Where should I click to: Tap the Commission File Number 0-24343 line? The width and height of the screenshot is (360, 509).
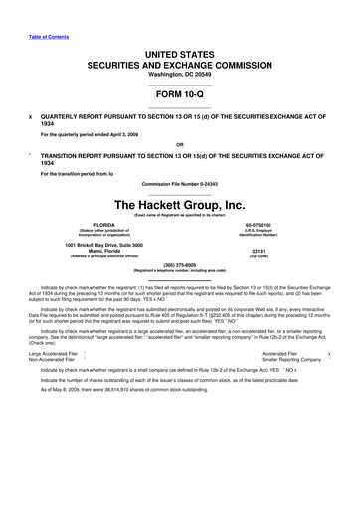pos(180,185)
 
